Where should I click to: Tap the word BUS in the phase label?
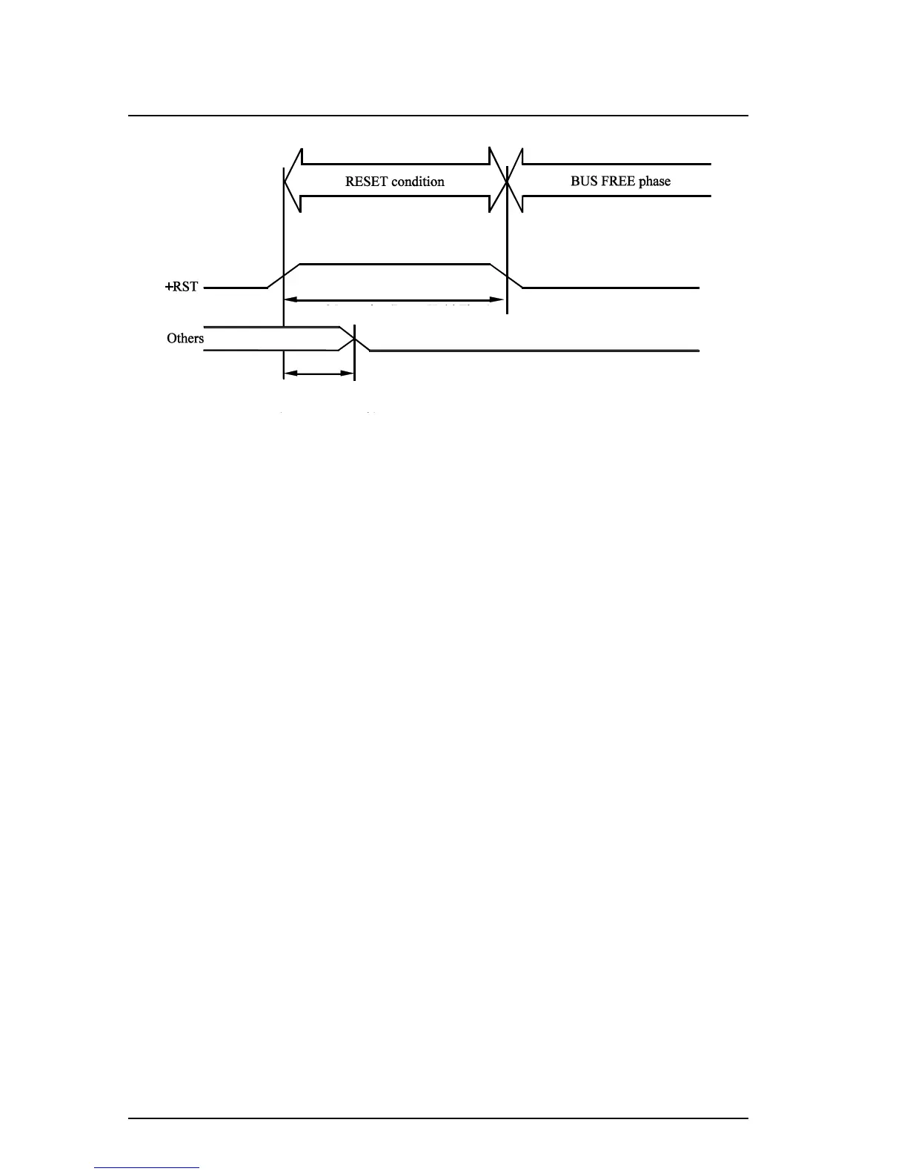[x=583, y=182]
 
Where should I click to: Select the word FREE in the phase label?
[x=617, y=182]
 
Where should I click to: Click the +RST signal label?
[x=182, y=287]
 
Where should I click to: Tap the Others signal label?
[x=185, y=338]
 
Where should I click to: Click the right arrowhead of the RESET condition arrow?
[x=496, y=180]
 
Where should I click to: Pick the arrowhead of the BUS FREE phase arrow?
[x=516, y=180]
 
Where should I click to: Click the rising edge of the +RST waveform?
[x=283, y=275]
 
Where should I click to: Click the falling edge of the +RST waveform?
[x=507, y=275]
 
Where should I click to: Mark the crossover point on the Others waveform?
[x=355, y=339]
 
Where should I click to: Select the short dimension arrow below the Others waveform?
[x=319, y=374]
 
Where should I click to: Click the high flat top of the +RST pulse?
[x=393, y=263]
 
